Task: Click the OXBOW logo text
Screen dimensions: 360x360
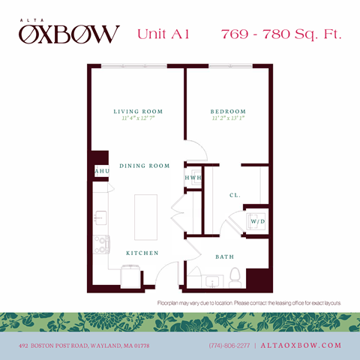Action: (69, 34)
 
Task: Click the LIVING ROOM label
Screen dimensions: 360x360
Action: (138, 112)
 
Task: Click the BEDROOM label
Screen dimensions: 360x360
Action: (228, 112)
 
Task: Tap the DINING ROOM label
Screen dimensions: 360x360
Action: (144, 166)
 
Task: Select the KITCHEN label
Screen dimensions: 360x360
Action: (142, 253)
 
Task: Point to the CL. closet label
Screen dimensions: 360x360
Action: (235, 195)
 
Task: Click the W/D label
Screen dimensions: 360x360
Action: (257, 222)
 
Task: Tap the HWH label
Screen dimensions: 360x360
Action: (193, 178)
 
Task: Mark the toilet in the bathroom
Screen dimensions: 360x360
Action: (234, 276)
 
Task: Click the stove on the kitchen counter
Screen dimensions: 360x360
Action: (100, 244)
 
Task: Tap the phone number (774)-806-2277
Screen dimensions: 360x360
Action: (230, 346)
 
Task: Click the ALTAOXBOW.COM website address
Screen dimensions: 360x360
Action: (301, 346)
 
